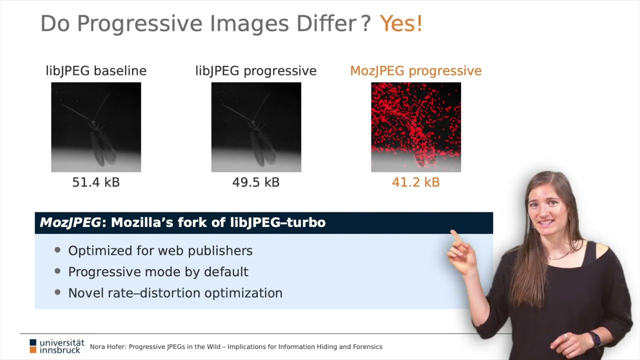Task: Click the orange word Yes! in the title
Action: [x=401, y=23]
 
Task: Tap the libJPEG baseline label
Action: [x=96, y=71]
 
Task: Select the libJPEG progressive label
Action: [x=255, y=71]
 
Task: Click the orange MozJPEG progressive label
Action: [x=415, y=71]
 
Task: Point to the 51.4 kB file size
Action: [x=96, y=182]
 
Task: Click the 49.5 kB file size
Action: [x=255, y=182]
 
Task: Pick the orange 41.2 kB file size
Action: [x=415, y=182]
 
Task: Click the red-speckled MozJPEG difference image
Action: [x=416, y=127]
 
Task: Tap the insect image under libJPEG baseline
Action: [x=96, y=127]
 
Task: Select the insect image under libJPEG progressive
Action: [x=256, y=127]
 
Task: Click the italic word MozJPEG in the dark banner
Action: [x=70, y=223]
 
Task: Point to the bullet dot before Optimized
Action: [x=57, y=250]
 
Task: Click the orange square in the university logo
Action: [x=33, y=350]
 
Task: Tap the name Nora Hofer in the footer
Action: [x=107, y=347]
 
